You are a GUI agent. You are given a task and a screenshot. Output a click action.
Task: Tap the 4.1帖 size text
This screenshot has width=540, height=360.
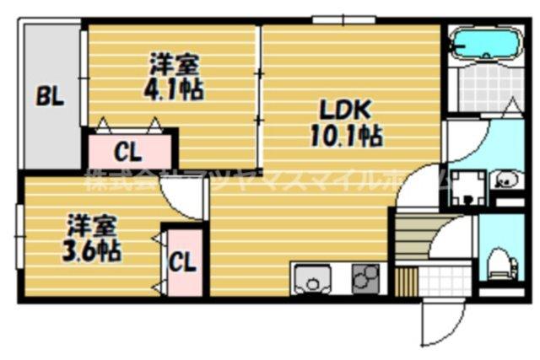[175, 89]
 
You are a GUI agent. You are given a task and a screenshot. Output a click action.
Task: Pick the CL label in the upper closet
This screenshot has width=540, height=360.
[128, 153]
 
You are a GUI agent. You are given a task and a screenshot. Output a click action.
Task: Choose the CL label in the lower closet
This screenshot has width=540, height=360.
[182, 262]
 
